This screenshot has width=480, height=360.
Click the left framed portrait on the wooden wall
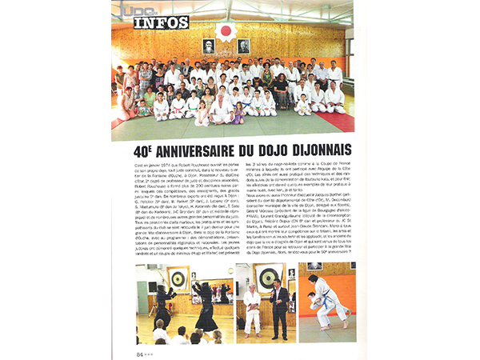[209, 46]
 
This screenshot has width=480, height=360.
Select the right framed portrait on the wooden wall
[243, 46]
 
